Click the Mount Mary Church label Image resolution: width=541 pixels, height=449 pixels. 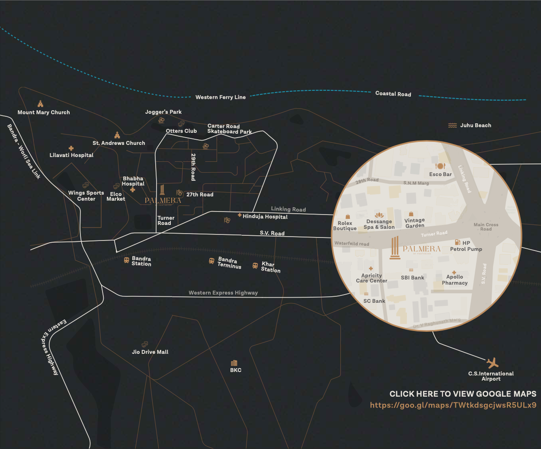(44, 112)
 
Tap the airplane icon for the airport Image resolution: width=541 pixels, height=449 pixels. (492, 362)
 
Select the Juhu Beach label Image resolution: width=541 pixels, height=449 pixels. (476, 125)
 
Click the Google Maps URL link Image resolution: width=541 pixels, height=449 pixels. (453, 405)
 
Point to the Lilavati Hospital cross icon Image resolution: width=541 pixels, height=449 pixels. (71, 148)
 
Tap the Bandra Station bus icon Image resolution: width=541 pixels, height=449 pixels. (126, 260)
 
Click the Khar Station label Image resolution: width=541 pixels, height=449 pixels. (271, 267)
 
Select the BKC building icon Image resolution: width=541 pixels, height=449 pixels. (234, 363)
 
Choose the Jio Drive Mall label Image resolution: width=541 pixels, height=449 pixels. (150, 352)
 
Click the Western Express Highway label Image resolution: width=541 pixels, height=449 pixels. (223, 293)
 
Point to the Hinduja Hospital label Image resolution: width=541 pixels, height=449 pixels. (265, 217)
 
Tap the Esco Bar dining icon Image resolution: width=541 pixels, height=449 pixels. (440, 166)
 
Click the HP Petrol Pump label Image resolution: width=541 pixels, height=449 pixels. (466, 246)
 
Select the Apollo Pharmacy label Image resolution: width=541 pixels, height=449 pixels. (455, 280)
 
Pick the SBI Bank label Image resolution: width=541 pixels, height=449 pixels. (413, 278)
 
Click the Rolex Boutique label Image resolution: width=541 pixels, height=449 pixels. (345, 226)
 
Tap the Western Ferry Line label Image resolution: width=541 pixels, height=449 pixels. (221, 97)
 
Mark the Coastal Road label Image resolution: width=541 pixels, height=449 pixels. (393, 94)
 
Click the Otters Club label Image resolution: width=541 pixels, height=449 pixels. (181, 131)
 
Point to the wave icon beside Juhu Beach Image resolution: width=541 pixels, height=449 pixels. (452, 125)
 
